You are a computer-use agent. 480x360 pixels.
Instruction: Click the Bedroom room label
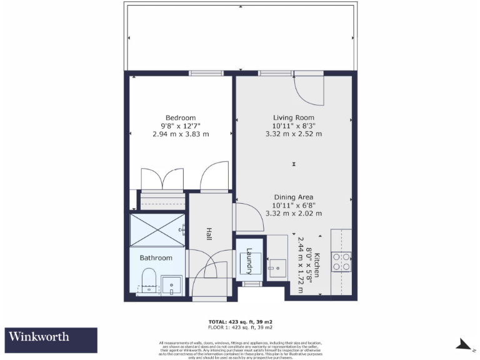(x=180, y=118)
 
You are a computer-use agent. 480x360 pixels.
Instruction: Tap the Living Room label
(x=293, y=118)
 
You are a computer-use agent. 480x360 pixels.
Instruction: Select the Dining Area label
(x=293, y=197)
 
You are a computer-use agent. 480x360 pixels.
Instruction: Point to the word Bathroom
(x=156, y=257)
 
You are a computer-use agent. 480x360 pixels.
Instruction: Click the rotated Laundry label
(x=249, y=261)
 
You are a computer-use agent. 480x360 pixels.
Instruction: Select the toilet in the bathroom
(x=149, y=280)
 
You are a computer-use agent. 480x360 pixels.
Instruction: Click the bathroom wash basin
(x=171, y=285)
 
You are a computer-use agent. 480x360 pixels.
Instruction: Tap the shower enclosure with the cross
(x=157, y=229)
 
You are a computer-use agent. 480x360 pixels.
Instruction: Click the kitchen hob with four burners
(x=342, y=261)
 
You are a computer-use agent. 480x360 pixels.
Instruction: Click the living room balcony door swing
(x=309, y=88)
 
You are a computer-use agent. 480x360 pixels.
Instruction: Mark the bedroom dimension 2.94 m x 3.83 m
(x=180, y=134)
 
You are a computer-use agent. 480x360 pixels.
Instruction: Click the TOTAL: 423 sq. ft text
(x=240, y=322)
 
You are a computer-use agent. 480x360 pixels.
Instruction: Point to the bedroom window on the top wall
(x=206, y=73)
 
